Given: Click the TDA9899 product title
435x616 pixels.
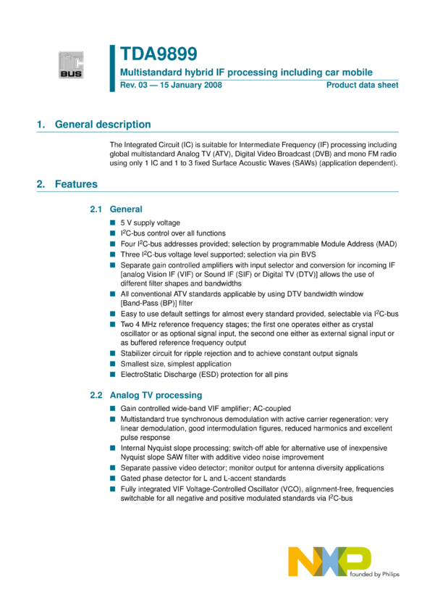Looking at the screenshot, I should click(159, 55).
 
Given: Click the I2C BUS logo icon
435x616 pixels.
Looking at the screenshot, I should click(71, 65).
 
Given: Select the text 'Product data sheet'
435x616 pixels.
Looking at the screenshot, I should click(362, 86).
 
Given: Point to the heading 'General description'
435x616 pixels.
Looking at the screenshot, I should click(103, 125).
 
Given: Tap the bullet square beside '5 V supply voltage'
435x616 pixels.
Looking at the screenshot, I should click(113, 223).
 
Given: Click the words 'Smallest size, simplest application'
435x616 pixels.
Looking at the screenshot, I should click(176, 364).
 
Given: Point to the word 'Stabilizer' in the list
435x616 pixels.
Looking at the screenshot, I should click(138, 354).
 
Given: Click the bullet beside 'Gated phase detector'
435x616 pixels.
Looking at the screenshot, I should click(113, 479).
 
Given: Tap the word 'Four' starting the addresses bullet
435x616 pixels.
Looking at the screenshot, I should click(128, 244).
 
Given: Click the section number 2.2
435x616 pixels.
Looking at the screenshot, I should click(97, 396).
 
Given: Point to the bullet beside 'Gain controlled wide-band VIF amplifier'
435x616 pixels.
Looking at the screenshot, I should click(113, 409).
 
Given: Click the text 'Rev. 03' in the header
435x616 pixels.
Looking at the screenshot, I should click(135, 86).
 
